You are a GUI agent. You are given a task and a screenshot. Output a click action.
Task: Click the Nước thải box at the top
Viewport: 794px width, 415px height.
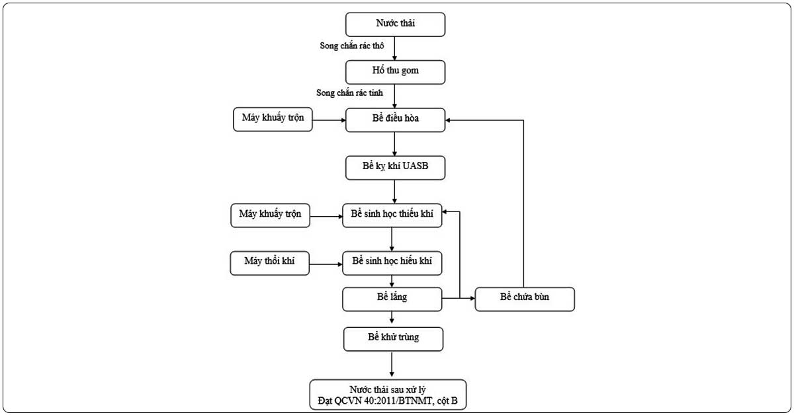tap(395, 24)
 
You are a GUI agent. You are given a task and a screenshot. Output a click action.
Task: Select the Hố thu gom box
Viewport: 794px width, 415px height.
tap(395, 72)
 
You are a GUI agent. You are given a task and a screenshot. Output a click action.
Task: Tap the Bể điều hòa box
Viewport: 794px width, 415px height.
tap(395, 120)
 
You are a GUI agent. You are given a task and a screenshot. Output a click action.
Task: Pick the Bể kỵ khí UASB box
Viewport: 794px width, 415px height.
tap(395, 168)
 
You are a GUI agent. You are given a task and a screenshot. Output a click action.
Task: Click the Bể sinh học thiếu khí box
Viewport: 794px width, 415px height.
tap(392, 215)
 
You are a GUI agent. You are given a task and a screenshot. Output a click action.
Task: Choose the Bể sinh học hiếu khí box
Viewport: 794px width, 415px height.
tap(392, 263)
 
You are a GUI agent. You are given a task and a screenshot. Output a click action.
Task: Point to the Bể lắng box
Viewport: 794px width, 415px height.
tap(392, 299)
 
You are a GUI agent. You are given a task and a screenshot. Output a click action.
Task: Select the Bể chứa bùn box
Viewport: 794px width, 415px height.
tap(525, 299)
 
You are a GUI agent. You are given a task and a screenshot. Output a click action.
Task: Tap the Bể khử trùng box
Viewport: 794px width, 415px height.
tap(393, 339)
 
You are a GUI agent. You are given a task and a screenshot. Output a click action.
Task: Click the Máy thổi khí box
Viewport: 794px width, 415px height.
tap(269, 263)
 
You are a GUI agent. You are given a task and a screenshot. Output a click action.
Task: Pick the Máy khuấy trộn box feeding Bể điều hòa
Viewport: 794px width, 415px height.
tap(273, 120)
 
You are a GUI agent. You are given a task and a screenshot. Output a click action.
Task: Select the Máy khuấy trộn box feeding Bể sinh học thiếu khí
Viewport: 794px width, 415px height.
tap(270, 215)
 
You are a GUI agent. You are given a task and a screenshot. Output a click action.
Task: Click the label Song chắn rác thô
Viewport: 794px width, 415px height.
tap(351, 46)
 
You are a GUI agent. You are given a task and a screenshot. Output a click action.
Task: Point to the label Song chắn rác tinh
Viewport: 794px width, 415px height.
tap(349, 93)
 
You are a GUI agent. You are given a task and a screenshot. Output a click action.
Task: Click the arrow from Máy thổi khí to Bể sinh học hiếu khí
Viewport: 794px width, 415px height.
tap(326, 264)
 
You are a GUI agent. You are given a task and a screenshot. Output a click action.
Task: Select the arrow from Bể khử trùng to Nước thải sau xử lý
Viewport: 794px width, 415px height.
tap(392, 364)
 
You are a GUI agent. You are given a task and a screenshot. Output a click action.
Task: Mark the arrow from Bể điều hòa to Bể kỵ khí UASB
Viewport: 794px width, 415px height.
tap(394, 144)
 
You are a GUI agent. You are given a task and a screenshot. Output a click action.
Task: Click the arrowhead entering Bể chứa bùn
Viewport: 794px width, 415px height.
tap(472, 299)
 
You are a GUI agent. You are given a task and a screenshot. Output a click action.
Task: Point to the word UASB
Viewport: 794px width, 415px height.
tap(416, 166)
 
